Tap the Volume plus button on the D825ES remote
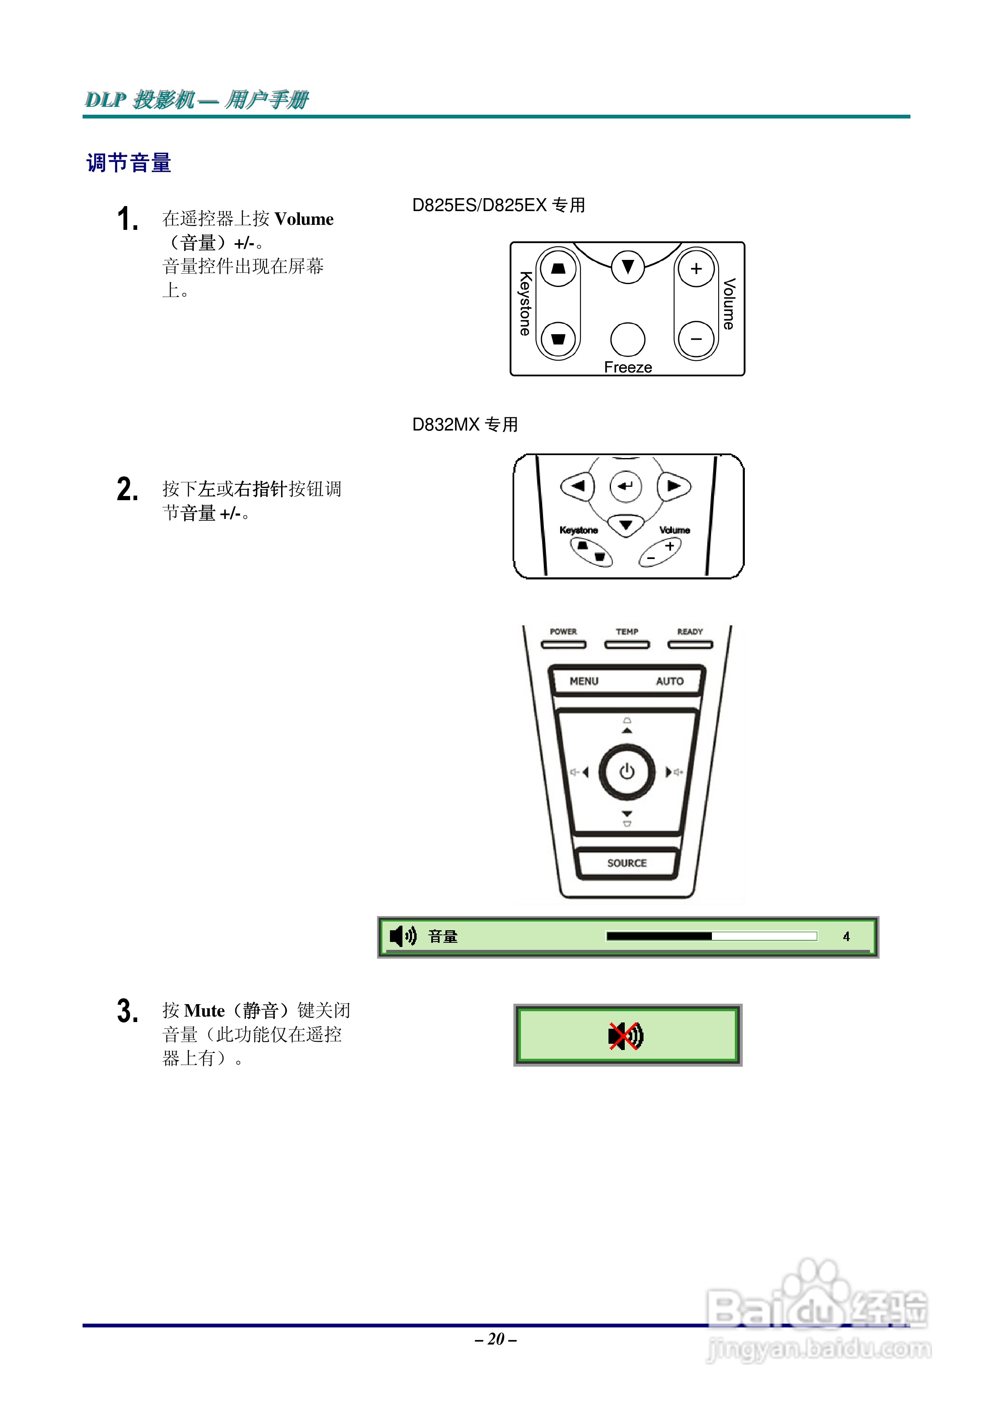pos(696,269)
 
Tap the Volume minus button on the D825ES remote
pos(696,339)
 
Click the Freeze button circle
pos(627,339)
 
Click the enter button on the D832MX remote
pos(625,486)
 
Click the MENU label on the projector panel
pos(584,681)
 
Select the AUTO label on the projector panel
pos(669,681)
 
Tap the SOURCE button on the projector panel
pos(626,863)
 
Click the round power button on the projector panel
pos(626,772)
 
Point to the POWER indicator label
pos(563,632)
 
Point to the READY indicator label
pos(689,632)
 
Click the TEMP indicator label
pos(626,632)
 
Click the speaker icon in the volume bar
pos(402,936)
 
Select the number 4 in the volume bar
pos(846,936)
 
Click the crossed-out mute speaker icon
pos(625,1035)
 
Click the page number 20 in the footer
pos(495,1339)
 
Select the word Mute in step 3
pos(204,1011)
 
